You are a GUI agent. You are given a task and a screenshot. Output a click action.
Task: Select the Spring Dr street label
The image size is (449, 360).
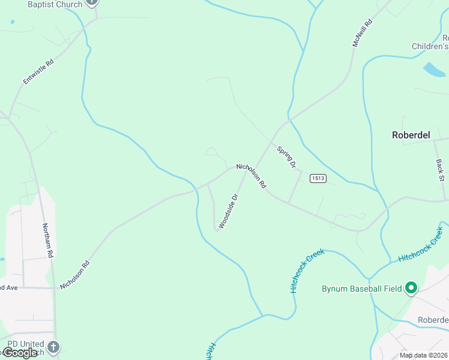287,157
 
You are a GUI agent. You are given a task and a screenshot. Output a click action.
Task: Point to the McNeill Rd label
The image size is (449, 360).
362,34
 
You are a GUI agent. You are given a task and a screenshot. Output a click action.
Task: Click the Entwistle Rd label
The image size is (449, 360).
38,71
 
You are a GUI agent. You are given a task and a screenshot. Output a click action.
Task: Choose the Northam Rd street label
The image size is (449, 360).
48,240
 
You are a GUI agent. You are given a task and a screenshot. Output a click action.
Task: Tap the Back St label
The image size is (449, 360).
440,170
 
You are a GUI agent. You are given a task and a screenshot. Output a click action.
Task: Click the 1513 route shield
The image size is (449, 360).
318,178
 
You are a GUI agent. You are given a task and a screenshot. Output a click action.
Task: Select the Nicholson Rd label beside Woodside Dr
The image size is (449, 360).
251,176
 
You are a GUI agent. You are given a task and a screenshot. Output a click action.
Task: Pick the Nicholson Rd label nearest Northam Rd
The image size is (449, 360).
74,274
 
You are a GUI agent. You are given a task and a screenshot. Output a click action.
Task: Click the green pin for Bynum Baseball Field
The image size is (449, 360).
411,289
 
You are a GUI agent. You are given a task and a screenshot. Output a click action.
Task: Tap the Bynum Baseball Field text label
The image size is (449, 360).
361,289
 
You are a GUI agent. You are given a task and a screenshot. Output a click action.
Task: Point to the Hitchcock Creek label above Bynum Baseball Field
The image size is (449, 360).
421,244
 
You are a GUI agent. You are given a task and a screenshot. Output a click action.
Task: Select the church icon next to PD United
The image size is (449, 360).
53,347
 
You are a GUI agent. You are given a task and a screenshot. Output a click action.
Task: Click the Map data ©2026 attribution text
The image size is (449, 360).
424,355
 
